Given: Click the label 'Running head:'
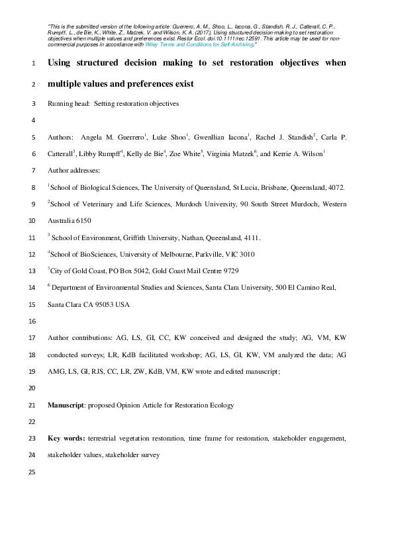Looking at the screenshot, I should [x=69, y=103].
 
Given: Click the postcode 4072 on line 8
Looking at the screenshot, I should [x=336, y=188].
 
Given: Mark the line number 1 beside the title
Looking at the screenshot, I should [x=33, y=65].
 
